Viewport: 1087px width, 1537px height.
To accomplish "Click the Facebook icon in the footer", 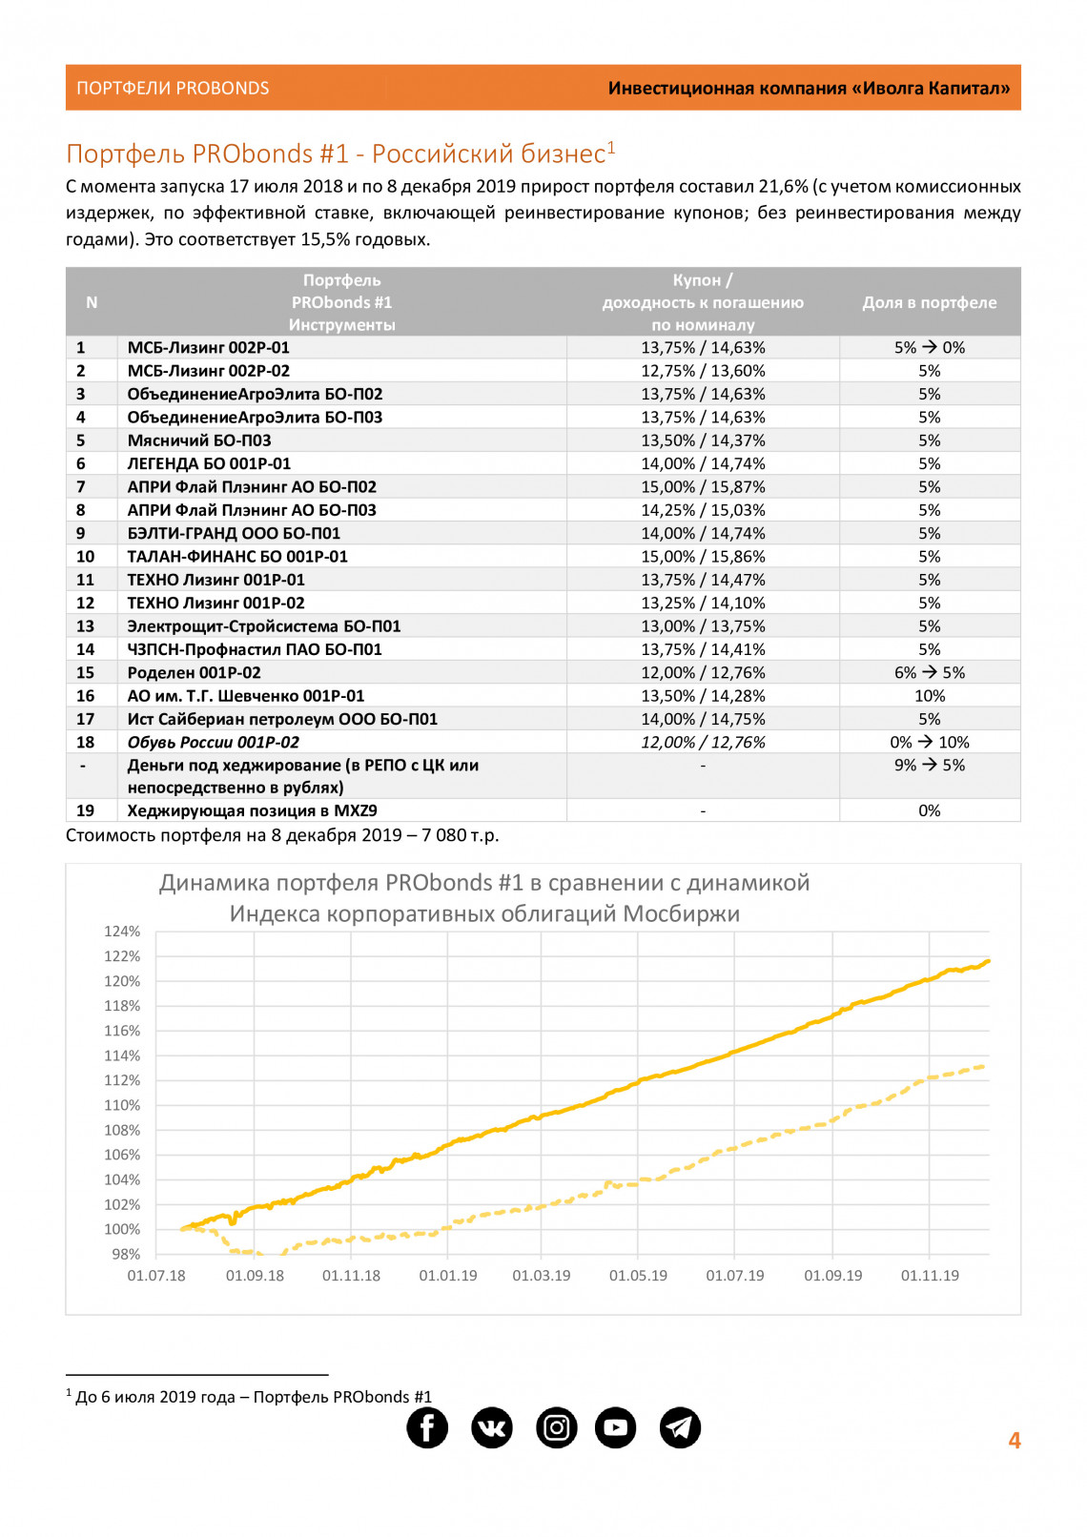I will (427, 1427).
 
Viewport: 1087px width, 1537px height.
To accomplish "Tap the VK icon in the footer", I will (492, 1427).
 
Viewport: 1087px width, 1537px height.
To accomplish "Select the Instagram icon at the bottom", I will (557, 1427).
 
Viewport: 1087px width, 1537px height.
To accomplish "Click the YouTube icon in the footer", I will (616, 1427).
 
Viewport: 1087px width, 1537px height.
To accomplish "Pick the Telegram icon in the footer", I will (680, 1427).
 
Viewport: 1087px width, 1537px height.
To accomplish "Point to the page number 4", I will (1015, 1441).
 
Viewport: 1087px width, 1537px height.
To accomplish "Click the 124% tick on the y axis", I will (122, 932).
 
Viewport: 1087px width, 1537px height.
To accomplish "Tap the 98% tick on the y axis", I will (126, 1254).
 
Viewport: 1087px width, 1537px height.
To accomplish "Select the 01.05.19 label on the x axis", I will (638, 1276).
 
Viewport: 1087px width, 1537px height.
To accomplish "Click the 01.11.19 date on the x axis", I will (930, 1276).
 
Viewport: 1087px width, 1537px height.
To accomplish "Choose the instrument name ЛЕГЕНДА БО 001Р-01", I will (209, 463).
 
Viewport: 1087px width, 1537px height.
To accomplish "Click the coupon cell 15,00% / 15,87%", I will (703, 487).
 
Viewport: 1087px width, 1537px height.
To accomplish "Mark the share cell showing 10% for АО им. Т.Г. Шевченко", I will (930, 696).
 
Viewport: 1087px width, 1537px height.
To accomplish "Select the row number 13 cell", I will (86, 626).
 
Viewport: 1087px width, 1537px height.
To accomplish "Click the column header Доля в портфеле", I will (930, 302).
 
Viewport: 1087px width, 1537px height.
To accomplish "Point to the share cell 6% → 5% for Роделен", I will (930, 673).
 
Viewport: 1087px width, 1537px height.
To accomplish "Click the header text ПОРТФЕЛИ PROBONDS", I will (173, 89).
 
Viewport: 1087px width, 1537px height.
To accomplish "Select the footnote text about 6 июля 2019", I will (253, 1397).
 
